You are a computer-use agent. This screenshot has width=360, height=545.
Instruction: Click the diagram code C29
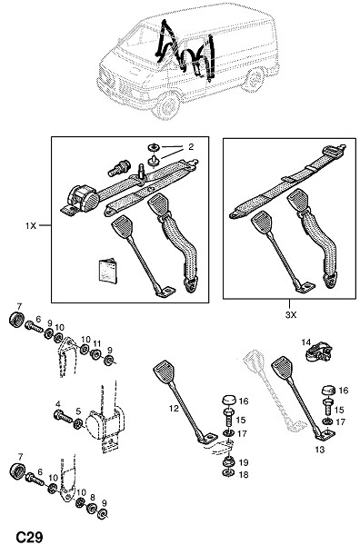click(30, 536)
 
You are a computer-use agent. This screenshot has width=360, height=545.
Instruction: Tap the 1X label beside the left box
click(31, 225)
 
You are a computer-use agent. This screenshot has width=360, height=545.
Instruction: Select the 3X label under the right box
click(291, 315)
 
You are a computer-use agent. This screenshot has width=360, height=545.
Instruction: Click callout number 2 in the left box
click(191, 146)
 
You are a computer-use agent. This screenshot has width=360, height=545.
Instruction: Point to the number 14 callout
click(306, 342)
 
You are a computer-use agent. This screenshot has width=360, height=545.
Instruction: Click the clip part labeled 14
click(319, 352)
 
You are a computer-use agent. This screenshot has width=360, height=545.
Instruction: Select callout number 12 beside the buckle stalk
click(174, 409)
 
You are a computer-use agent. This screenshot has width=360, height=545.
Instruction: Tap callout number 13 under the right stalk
click(320, 450)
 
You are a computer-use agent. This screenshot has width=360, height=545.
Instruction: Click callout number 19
click(244, 462)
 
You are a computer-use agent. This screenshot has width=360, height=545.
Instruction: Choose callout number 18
click(244, 474)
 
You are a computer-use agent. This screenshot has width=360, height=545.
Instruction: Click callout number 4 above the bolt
click(58, 404)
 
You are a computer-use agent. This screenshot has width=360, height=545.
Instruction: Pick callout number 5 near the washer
click(78, 411)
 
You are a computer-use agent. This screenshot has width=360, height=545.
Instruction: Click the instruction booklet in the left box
click(107, 271)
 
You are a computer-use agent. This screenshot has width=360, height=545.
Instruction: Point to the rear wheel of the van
click(255, 80)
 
